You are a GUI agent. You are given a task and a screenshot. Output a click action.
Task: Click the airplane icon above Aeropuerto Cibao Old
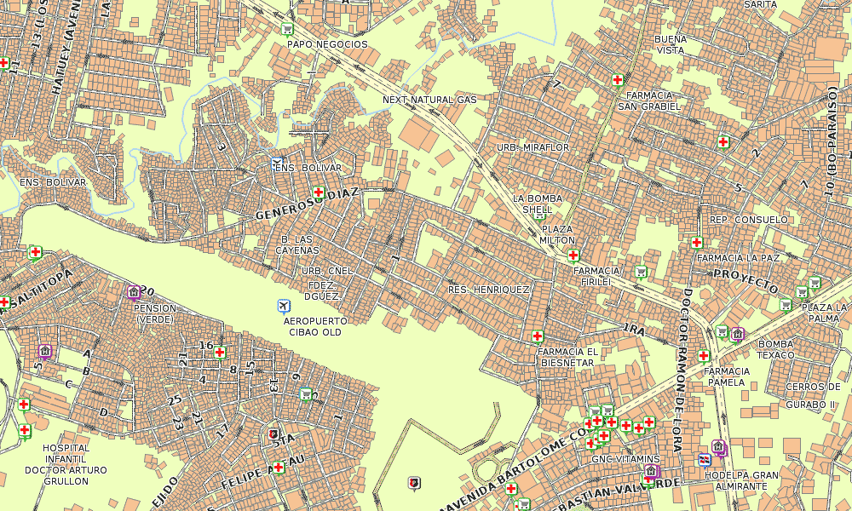pyautogui.click(x=284, y=306)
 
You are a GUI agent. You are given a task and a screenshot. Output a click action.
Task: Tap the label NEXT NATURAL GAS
pyautogui.click(x=429, y=100)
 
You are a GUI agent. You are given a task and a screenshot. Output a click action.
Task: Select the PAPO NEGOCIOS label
pyautogui.click(x=327, y=44)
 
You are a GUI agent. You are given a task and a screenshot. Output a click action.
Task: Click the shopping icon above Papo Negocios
pyautogui.click(x=288, y=29)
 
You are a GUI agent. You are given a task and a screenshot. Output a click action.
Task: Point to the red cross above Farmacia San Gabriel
pyautogui.click(x=618, y=81)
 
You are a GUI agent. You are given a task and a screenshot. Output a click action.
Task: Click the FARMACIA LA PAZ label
pyautogui.click(x=738, y=257)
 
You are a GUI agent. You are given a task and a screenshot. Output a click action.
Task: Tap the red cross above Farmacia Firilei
pyautogui.click(x=573, y=255)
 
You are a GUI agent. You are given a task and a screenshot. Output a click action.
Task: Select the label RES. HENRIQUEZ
pyautogui.click(x=489, y=290)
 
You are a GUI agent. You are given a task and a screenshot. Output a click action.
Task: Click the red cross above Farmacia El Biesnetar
pyautogui.click(x=538, y=336)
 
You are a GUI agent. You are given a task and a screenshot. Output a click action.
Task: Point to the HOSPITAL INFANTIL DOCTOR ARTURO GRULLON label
pyautogui.click(x=66, y=464)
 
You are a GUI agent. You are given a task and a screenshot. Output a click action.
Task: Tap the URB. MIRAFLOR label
pyautogui.click(x=533, y=147)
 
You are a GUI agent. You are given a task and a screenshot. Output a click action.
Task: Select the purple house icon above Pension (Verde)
pyautogui.click(x=134, y=292)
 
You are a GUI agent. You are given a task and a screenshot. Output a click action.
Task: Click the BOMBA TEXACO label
pyautogui.click(x=775, y=349)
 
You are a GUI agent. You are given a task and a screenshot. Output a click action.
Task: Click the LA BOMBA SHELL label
pyautogui.click(x=538, y=204)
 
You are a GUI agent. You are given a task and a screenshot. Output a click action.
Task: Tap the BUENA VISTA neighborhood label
pyautogui.click(x=670, y=44)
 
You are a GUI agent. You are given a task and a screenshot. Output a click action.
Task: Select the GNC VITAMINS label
pyautogui.click(x=625, y=459)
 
